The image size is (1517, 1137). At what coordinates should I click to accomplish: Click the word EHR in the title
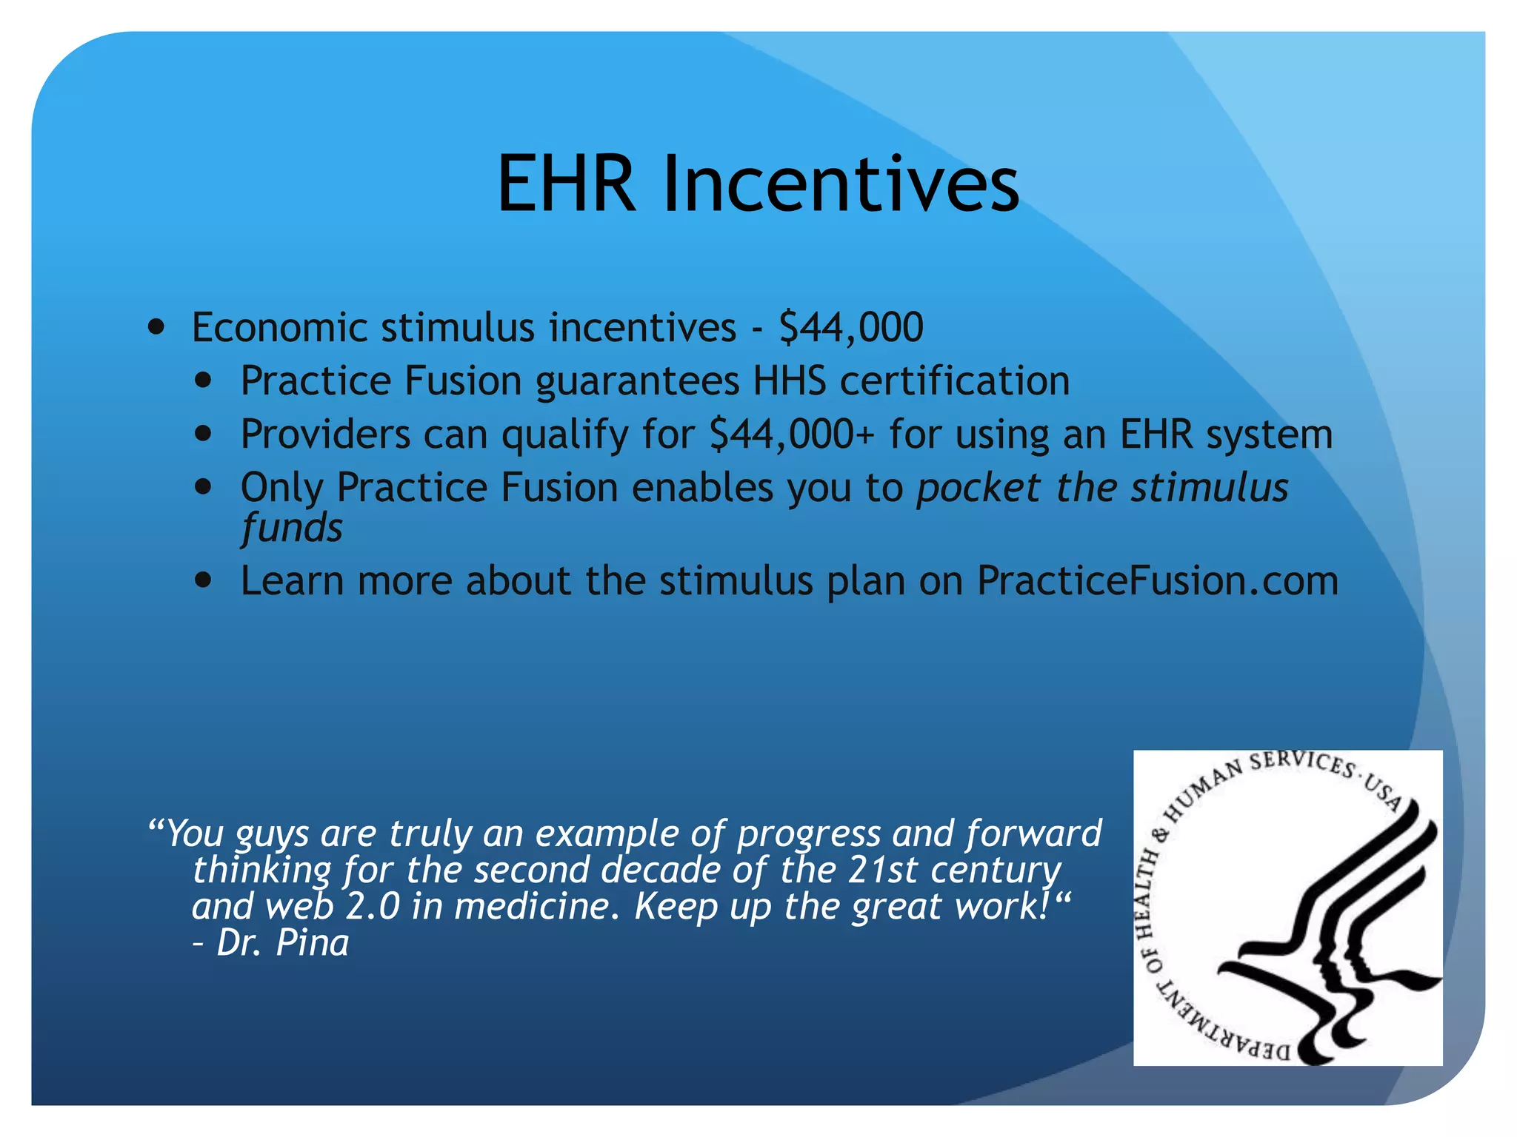pos(566,184)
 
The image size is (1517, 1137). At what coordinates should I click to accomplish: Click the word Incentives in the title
pos(840,184)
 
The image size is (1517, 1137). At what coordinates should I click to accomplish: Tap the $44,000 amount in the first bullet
pos(851,327)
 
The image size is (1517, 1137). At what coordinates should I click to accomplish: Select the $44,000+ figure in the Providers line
pos(792,435)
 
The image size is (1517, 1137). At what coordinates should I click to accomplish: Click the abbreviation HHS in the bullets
pos(789,381)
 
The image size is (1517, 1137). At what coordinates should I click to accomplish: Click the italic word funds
pos(292,528)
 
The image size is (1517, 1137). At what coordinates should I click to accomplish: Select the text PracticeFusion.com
pos(1157,581)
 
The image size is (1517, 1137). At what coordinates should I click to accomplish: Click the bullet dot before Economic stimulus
pos(156,327)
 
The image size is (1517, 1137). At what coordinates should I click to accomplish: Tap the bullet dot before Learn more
pos(204,580)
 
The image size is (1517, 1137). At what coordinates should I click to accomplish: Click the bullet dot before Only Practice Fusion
pos(204,487)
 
